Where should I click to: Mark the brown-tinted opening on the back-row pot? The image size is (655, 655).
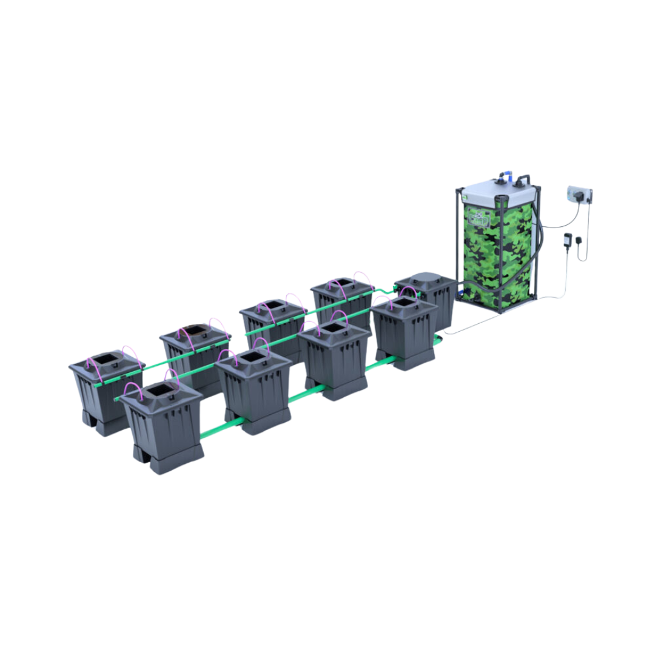pos(195,331)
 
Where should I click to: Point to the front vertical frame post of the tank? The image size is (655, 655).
pos(501,255)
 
